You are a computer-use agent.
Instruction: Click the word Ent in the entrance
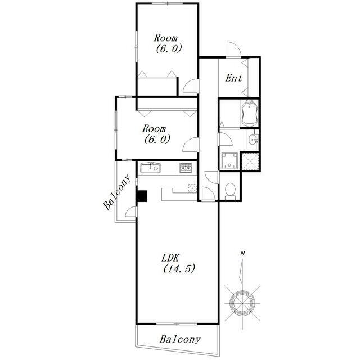point(233,78)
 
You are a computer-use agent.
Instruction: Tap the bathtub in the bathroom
point(250,113)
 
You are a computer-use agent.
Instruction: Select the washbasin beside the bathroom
point(253,139)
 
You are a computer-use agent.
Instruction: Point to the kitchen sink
point(150,168)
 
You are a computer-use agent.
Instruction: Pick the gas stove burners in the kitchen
point(186,168)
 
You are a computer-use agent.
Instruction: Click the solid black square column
point(142,196)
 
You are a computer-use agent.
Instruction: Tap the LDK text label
point(170,258)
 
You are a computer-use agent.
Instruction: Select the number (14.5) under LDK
point(179,268)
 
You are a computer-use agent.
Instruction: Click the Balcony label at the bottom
point(180,339)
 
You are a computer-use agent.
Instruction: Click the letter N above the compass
point(242,254)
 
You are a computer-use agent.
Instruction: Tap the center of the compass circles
point(242,303)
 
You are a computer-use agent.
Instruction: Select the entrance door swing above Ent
point(234,49)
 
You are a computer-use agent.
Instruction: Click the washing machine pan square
point(229,161)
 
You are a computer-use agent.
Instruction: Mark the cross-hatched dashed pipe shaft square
point(250,161)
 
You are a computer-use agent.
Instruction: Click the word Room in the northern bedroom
point(165,38)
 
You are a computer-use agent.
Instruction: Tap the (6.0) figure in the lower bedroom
point(157,139)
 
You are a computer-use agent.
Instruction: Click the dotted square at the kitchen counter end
point(192,188)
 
